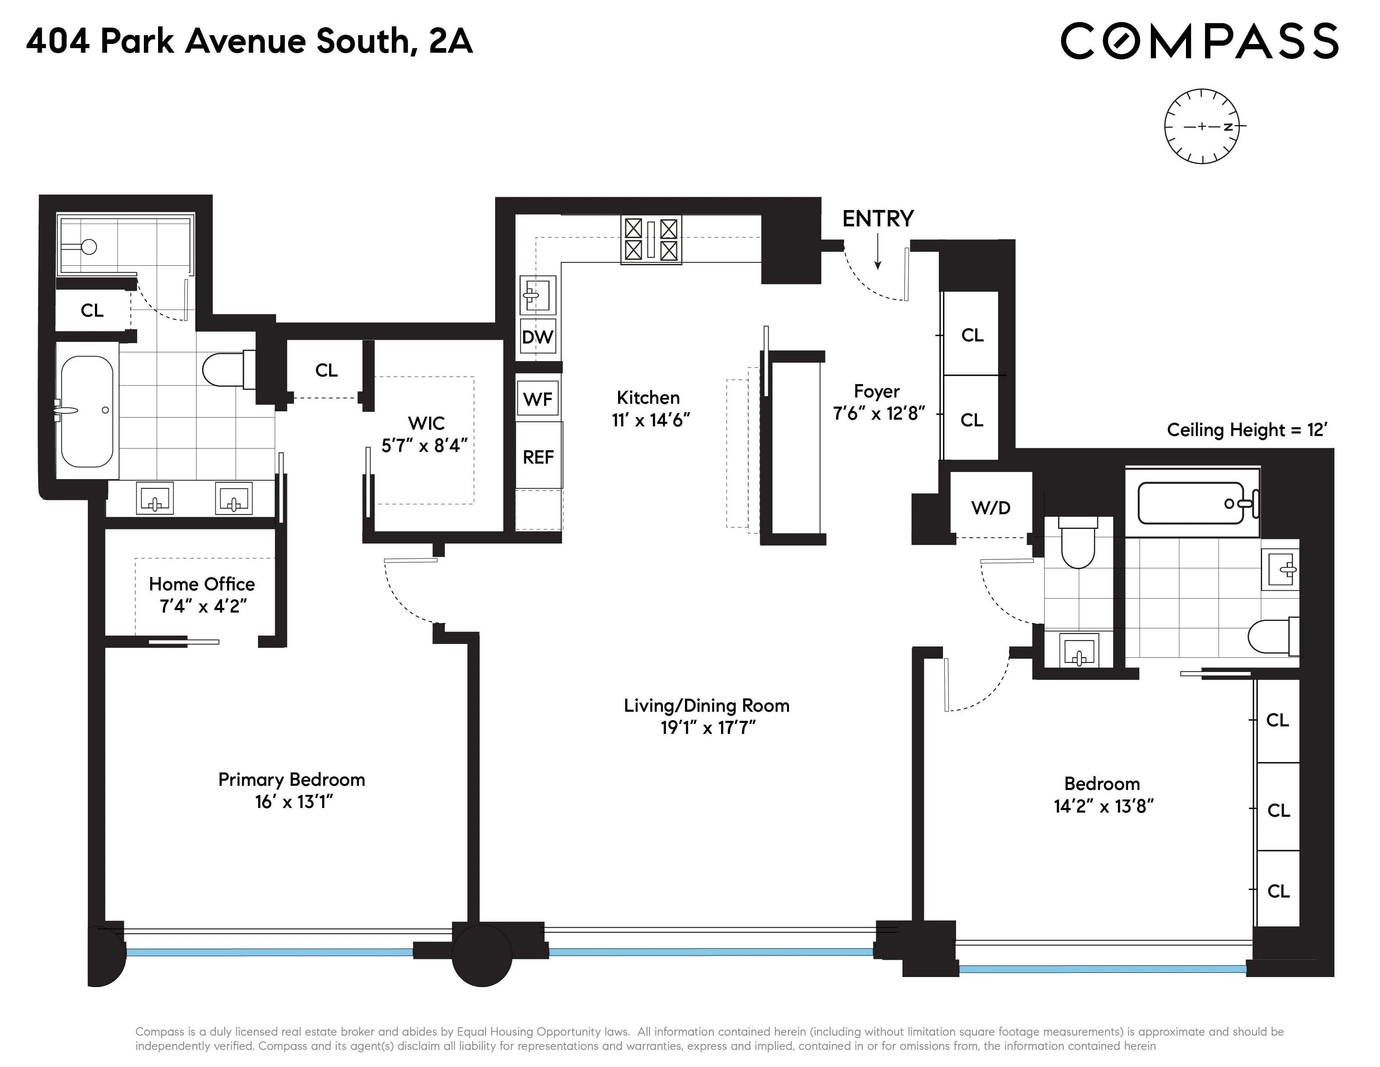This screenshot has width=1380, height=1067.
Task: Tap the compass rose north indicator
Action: pos(1227,126)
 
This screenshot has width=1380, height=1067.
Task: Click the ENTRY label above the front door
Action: pos(878,219)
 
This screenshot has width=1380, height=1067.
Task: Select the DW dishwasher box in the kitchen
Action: pos(537,337)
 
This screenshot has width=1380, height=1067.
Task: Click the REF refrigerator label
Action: pos(538,457)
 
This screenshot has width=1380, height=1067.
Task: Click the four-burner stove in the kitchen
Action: pos(651,240)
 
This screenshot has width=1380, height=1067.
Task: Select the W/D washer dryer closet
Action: pos(990,508)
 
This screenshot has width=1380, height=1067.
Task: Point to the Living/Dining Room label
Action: pos(706,705)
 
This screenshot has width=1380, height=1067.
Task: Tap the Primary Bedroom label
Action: pos(291,780)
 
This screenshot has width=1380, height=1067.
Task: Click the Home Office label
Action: pos(202,584)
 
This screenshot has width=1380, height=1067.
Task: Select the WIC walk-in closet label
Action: pos(426,423)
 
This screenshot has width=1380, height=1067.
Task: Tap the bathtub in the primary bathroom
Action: pos(87,411)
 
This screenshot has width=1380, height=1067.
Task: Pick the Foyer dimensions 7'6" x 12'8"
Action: pos(878,413)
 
